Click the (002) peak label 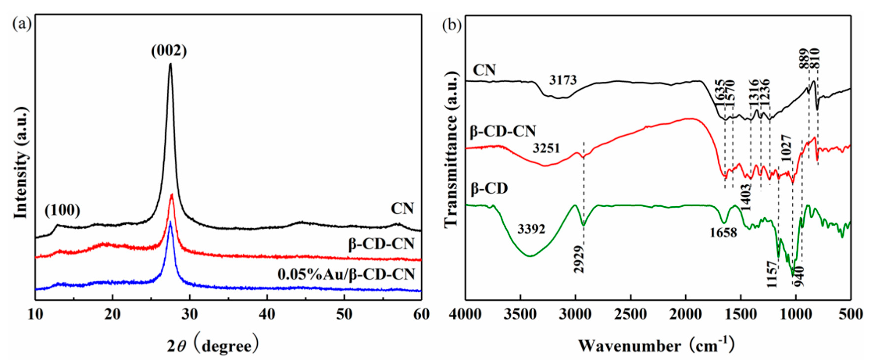click(x=169, y=51)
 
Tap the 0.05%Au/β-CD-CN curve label click(x=346, y=274)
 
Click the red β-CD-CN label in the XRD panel click(x=381, y=243)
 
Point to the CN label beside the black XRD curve click(x=402, y=208)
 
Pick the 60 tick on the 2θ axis click(x=421, y=314)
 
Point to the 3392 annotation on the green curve click(x=531, y=229)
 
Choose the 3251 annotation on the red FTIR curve click(x=546, y=148)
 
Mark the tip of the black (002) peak click(x=171, y=64)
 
